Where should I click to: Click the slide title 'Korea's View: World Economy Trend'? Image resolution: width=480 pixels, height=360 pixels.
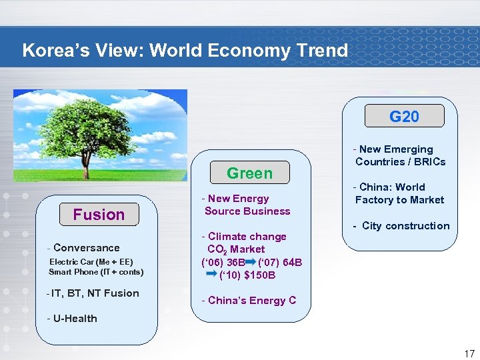[185, 51]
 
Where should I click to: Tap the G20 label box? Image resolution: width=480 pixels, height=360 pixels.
[404, 117]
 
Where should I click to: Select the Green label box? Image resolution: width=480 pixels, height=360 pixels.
[249, 173]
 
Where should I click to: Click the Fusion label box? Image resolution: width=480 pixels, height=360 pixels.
[99, 215]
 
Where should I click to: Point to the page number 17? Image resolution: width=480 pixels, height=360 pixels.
[469, 354]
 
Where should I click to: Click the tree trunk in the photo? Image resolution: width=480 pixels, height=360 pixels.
[88, 163]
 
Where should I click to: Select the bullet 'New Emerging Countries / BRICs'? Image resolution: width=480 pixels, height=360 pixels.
[399, 155]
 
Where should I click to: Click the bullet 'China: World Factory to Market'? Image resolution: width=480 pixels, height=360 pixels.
[399, 193]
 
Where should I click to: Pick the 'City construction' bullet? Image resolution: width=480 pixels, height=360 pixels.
[401, 226]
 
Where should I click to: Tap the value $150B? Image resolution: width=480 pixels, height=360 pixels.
[261, 275]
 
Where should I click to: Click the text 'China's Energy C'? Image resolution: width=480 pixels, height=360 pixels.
[249, 301]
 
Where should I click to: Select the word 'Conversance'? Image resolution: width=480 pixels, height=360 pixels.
[86, 248]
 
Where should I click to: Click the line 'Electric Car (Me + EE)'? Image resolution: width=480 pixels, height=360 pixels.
[91, 261]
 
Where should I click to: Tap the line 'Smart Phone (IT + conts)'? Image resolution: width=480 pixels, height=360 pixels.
[96, 272]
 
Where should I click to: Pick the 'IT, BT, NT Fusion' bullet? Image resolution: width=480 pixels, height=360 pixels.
[93, 293]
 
